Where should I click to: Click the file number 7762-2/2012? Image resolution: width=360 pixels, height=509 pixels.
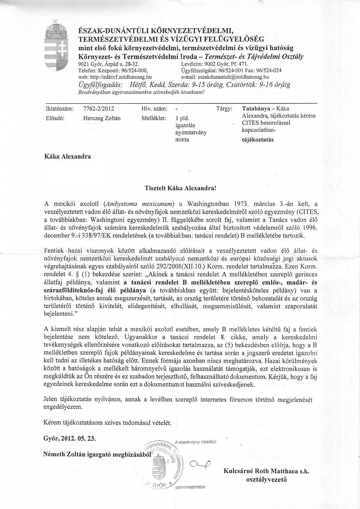(98, 109)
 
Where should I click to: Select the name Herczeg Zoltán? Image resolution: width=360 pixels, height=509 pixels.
(102, 118)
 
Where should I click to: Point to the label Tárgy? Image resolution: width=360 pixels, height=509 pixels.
(224, 109)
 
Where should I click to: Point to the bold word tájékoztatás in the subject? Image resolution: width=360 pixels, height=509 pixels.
(258, 139)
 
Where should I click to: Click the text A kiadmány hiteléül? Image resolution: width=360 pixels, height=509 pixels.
(196, 442)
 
